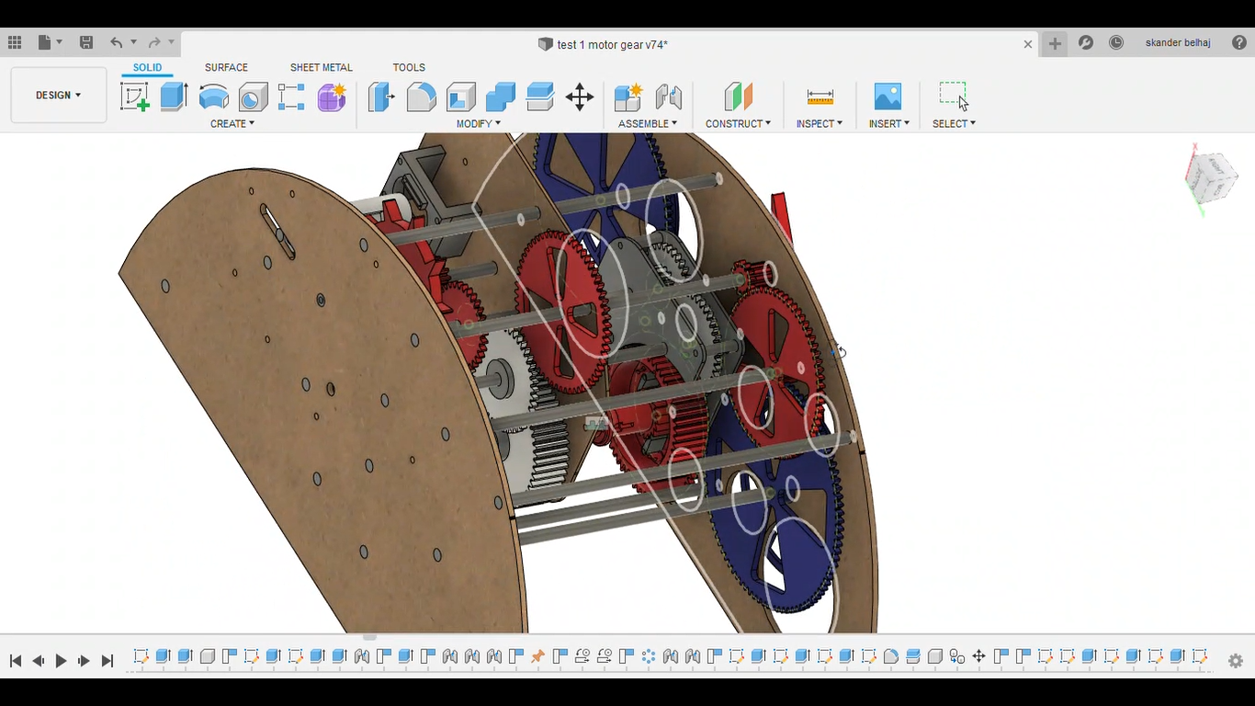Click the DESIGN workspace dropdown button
pos(58,95)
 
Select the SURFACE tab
pos(226,67)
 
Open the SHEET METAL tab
pos(321,67)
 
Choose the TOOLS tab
pos(409,67)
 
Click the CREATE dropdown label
pos(232,123)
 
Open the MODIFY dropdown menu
pos(478,123)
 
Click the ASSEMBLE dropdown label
pos(647,123)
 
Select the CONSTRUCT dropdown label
pos(738,123)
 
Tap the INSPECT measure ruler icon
pos(820,97)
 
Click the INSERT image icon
pos(888,97)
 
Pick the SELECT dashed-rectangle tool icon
pos(953,96)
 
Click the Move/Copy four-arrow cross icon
pos(580,97)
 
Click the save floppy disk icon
pos(86,42)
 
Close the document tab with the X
pos(1028,43)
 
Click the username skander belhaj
pos(1178,42)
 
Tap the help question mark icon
pos(1239,42)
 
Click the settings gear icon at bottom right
pos(1236,661)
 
